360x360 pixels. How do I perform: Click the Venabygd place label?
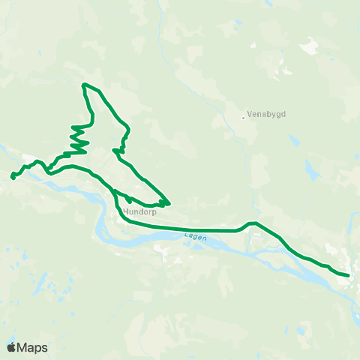(x=264, y=115)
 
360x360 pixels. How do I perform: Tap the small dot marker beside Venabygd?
(x=244, y=116)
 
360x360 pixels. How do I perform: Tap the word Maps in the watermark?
(x=33, y=347)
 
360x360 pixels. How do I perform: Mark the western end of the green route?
(x=13, y=177)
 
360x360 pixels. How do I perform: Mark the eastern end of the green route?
(x=348, y=275)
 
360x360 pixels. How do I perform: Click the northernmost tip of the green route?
(x=84, y=84)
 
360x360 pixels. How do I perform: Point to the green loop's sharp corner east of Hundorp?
(x=169, y=202)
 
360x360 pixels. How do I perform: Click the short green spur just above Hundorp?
(x=129, y=199)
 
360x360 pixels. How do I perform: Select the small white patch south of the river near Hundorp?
(x=166, y=247)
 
